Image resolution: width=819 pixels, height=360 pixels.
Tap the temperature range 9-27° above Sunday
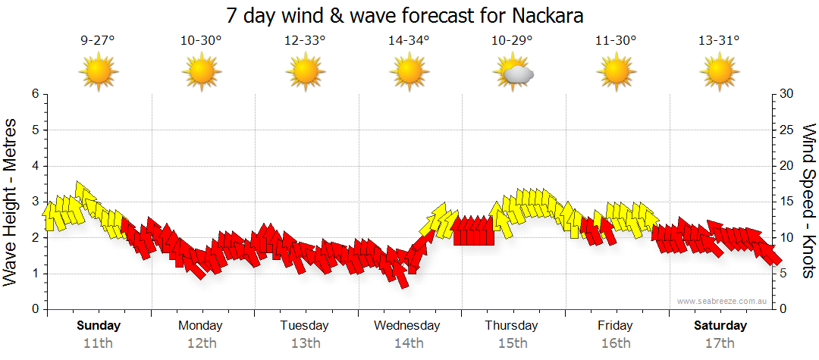(98, 40)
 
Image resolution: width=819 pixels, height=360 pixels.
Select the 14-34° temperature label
(409, 40)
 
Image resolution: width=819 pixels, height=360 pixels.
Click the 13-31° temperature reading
(719, 40)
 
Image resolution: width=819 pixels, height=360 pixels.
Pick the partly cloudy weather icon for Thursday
(513, 73)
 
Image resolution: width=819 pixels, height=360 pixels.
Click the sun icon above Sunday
(99, 73)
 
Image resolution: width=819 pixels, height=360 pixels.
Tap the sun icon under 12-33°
(305, 73)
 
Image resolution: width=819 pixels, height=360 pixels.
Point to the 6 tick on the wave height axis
(34, 94)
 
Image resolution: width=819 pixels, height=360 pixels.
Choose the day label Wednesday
(407, 325)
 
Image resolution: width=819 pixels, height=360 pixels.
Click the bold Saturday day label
(720, 325)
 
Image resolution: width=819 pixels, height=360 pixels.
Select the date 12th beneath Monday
(201, 343)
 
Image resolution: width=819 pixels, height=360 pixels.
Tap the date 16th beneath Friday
(615, 343)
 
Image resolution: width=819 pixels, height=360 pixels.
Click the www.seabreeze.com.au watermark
(723, 301)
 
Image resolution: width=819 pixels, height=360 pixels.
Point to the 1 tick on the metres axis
(34, 274)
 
